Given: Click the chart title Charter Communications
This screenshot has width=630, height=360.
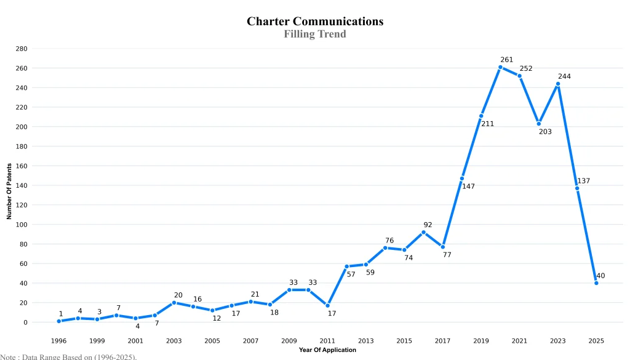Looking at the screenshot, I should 315,22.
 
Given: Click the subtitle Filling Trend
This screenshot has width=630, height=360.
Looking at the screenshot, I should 315,34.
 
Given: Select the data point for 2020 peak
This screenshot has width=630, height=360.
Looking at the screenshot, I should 500,67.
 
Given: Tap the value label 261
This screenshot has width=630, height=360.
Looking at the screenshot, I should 506,60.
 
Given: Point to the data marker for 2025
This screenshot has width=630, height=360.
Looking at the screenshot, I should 596,283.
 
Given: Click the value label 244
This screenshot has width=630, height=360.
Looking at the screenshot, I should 564,76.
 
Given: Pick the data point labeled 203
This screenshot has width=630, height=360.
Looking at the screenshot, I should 538,124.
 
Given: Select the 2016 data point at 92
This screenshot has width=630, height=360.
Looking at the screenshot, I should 423,232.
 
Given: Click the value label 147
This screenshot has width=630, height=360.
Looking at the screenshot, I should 468,186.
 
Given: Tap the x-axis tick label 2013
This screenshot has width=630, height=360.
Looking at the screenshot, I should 365,341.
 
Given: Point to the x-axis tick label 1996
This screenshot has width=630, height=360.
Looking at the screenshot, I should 59,341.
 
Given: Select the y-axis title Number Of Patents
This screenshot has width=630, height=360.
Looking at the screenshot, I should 9,191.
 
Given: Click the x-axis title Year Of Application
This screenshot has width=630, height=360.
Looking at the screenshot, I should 327,350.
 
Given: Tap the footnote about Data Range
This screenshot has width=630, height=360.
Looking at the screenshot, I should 68,356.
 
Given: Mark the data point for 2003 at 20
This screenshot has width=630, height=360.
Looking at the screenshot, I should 174,303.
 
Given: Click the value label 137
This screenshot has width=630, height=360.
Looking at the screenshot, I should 583,181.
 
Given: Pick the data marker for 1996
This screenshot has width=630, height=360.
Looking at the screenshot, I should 59,321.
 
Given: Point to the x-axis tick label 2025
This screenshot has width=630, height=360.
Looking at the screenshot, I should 596,341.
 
